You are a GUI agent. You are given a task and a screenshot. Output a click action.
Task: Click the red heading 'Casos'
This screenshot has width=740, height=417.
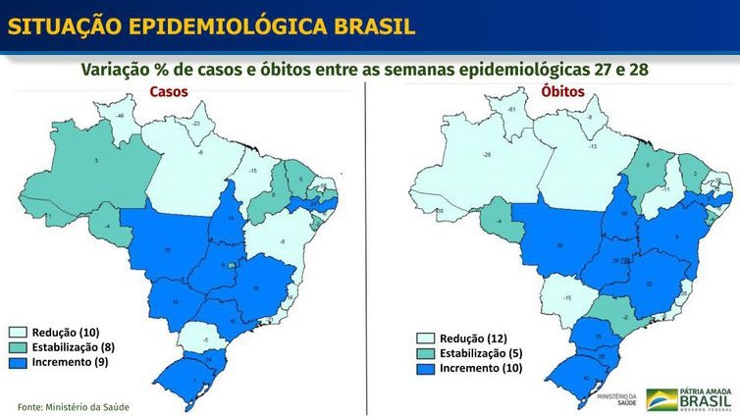tap(168, 92)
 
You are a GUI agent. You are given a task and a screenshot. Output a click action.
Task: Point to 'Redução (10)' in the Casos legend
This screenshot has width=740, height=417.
tap(66, 332)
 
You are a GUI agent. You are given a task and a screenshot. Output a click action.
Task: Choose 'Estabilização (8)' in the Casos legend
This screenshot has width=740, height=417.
tap(74, 346)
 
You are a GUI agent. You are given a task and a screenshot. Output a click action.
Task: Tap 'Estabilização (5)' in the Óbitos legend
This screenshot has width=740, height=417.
tap(478, 353)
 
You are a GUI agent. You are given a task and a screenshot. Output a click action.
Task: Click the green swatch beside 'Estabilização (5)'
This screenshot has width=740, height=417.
tap(424, 353)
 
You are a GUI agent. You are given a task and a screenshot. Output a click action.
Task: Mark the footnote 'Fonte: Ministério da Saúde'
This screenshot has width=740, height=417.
tap(74, 406)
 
